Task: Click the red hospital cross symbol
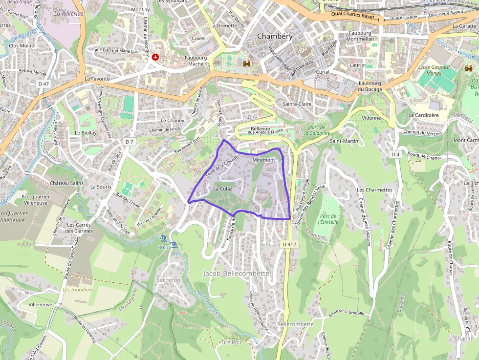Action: pos(155,57)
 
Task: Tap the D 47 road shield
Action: pos(44,84)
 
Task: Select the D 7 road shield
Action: pos(129,142)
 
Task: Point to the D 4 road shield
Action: pos(395,154)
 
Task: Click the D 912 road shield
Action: pos(289,244)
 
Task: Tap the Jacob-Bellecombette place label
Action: pos(236,274)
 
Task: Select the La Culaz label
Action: pos(222,189)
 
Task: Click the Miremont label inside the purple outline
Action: pos(264,160)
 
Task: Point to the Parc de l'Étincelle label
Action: pos(328,218)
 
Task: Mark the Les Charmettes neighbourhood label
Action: pos(374,190)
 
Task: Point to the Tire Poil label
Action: pos(231,342)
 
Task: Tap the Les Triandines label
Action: pos(78,290)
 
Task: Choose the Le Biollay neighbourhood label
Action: pos(86,132)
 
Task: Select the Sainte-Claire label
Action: pos(297,104)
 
